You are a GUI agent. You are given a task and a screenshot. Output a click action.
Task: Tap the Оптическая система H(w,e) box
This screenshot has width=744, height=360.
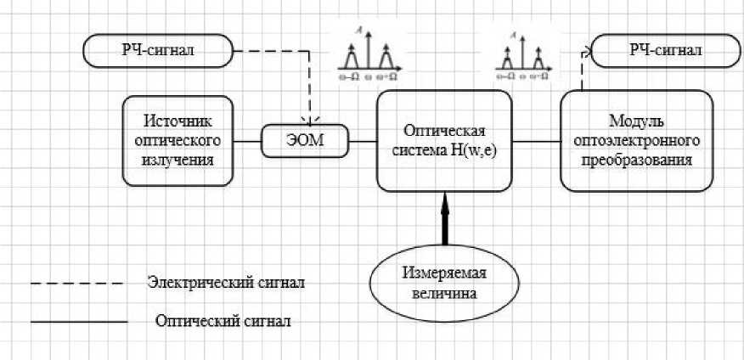coord(445,140)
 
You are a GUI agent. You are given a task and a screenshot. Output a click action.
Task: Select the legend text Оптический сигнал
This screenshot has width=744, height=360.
coord(226,322)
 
